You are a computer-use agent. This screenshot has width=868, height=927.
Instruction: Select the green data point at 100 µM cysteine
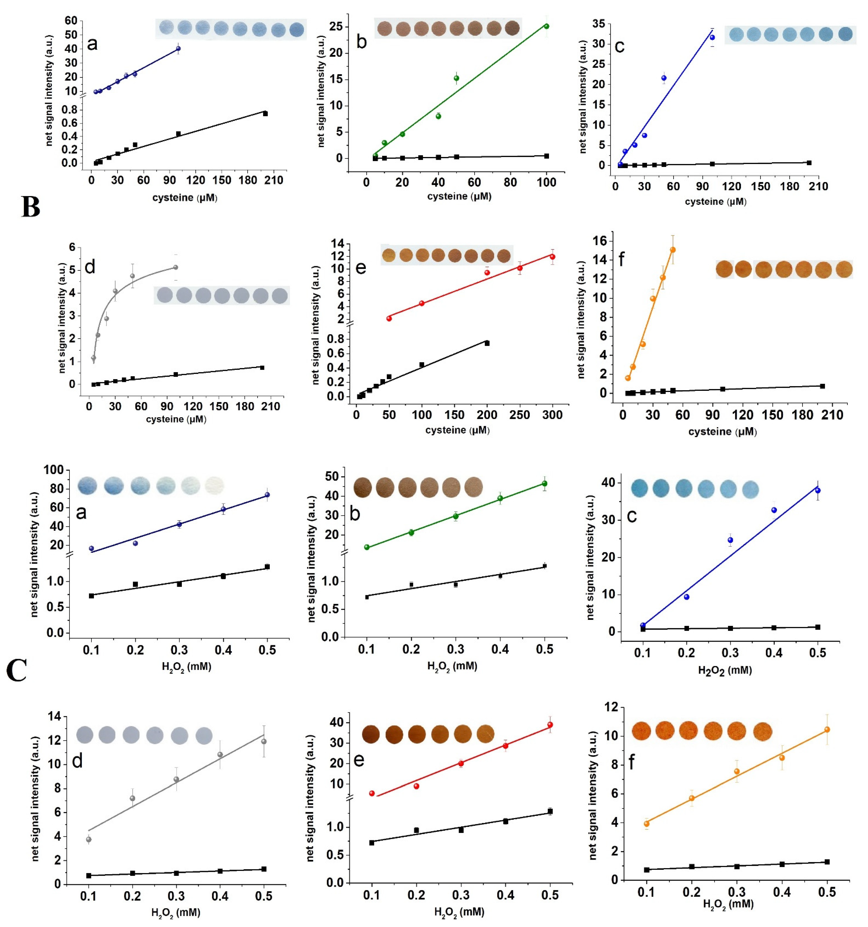coord(546,26)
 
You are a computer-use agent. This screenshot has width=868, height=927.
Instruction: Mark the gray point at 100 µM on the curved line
coord(175,267)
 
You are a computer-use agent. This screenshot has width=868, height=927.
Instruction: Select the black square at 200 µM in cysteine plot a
coord(265,113)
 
